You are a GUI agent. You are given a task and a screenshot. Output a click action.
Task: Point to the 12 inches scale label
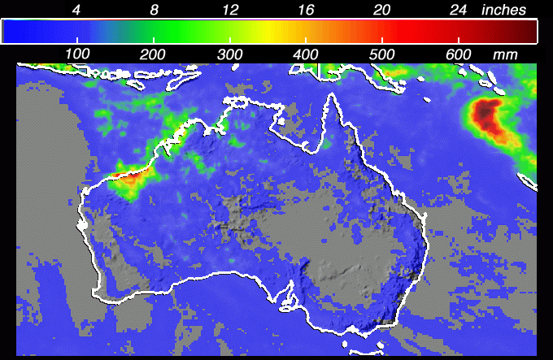pos(229,10)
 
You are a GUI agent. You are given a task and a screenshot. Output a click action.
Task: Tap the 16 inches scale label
pos(306,10)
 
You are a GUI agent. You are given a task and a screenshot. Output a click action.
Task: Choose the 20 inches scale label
pos(382,10)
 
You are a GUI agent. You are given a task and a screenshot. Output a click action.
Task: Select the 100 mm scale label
pos(77,53)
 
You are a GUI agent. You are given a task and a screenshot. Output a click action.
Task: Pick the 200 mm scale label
pos(154,53)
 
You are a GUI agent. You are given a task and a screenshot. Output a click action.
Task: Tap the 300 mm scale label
pos(230,53)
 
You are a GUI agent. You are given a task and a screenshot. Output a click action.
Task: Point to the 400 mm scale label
pos(307,53)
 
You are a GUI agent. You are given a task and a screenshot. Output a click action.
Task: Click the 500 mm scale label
pos(383,53)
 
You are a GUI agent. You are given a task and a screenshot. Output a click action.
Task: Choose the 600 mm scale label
pos(459,53)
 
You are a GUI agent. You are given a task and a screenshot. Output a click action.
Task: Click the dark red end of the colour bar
pos(525,31)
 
